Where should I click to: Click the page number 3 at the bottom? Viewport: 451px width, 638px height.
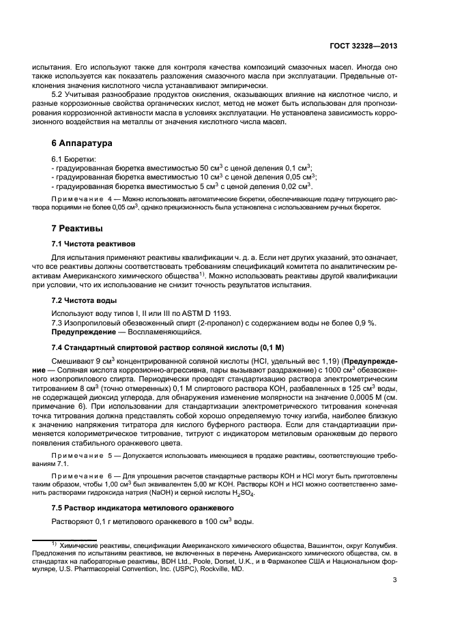(394, 581)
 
